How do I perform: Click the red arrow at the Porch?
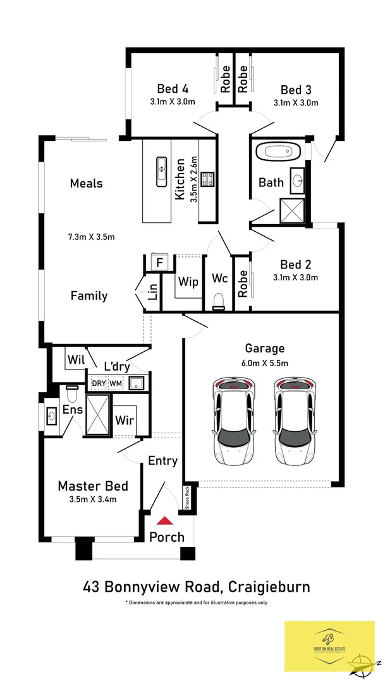pos(165,521)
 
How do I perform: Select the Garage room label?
pos(265,348)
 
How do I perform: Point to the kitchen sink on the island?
pos(161,169)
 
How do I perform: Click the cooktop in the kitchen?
pos(207,180)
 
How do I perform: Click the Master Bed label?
pos(93,486)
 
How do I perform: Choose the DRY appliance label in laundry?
pos(99,383)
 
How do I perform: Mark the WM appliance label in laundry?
pos(116,383)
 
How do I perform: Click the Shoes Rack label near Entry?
pos(187,498)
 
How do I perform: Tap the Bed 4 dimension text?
pos(173,102)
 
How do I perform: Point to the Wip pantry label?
pos(188,281)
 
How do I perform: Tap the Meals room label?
pos(86,184)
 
